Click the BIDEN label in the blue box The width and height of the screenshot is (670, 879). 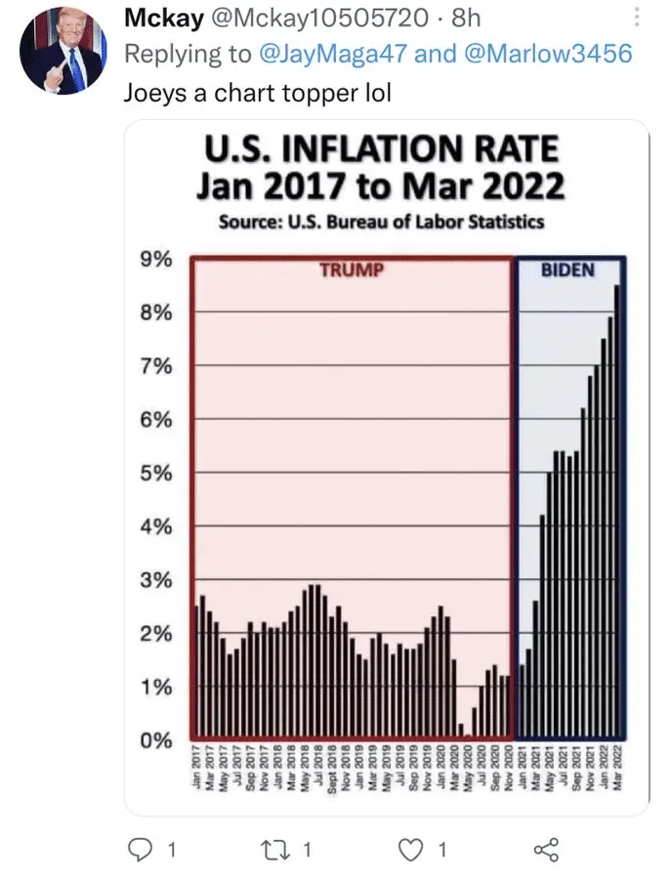tap(567, 270)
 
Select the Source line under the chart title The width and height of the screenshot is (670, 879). tap(381, 222)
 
